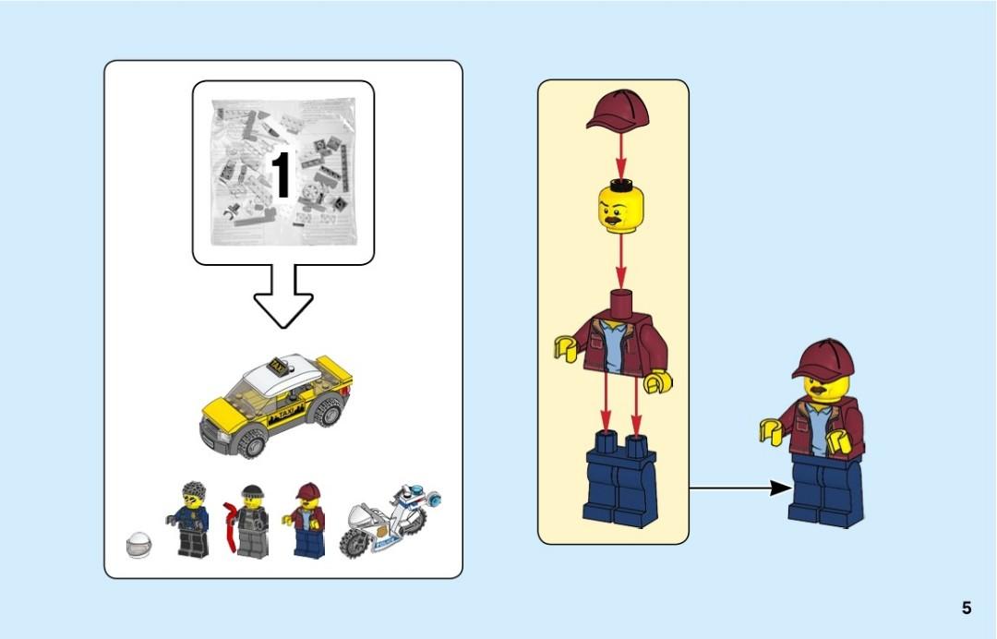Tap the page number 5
tap(967, 608)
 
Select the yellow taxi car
tap(275, 403)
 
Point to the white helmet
tap(138, 546)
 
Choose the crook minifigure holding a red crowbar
tap(249, 521)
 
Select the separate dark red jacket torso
tap(615, 336)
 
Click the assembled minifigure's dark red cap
tap(821, 358)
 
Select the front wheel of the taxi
tap(252, 444)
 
